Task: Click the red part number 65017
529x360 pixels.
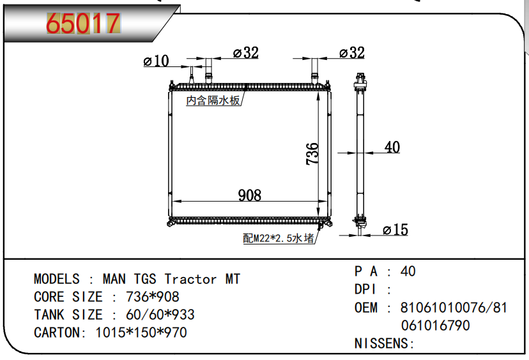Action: pos(83,24)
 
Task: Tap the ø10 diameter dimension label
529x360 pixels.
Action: pos(156,61)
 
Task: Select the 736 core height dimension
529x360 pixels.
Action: pos(312,154)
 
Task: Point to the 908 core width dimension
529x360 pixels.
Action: pos(250,195)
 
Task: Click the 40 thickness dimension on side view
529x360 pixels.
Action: pos(392,147)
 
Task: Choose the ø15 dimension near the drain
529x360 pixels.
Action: pos(395,230)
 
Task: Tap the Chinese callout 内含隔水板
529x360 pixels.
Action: pos(213,100)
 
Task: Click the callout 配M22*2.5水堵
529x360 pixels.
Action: pos(279,238)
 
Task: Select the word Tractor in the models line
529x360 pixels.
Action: pos(190,279)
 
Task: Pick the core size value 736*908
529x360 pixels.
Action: pos(153,297)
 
